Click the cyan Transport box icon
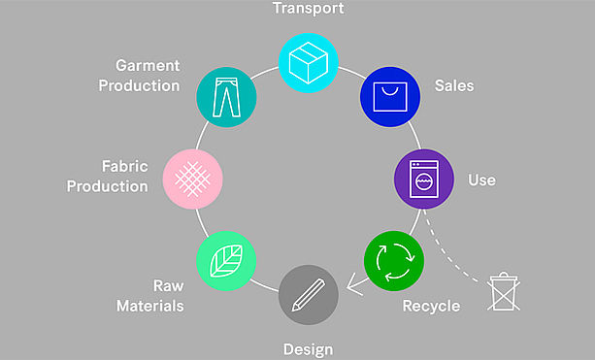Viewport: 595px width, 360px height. point(308,63)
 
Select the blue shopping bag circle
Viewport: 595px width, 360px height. point(390,97)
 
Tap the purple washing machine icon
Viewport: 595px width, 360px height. point(424,180)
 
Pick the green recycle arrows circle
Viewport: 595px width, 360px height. point(394,261)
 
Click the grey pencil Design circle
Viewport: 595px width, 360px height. point(308,295)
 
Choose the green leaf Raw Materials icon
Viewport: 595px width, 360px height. point(226,261)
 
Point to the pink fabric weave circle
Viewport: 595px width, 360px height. point(192,180)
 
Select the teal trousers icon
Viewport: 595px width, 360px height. point(226,97)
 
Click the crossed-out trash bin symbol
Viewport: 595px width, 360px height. point(504,291)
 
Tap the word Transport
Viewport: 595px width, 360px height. point(308,9)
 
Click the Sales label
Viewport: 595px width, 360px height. point(454,85)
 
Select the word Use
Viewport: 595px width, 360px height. point(481,180)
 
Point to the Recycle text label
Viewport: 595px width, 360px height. point(431,306)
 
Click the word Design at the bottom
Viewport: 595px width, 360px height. point(308,349)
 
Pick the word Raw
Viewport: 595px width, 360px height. point(169,285)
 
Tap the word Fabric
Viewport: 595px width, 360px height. point(125,166)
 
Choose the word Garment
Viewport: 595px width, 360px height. point(148,66)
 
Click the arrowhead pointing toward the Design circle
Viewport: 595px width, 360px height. point(354,284)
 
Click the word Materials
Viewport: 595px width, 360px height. point(149,306)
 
